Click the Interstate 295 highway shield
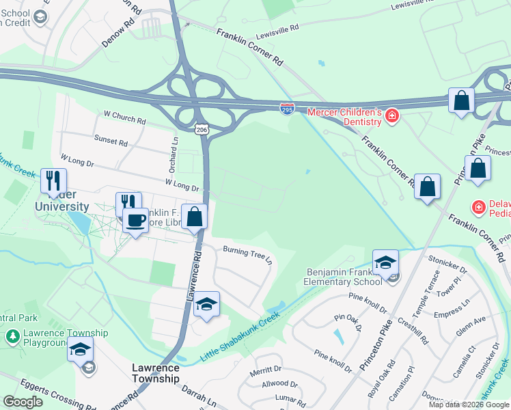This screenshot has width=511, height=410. [x=288, y=108]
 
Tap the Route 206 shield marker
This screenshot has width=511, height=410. [x=201, y=128]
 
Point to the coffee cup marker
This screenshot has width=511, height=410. [x=135, y=221]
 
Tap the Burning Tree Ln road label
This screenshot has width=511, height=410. [x=247, y=255]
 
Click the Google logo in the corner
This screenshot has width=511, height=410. [x=23, y=402]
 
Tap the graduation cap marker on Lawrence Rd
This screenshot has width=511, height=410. [x=206, y=304]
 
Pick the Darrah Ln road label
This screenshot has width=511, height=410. [x=198, y=396]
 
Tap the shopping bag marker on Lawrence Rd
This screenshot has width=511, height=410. [x=195, y=217]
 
